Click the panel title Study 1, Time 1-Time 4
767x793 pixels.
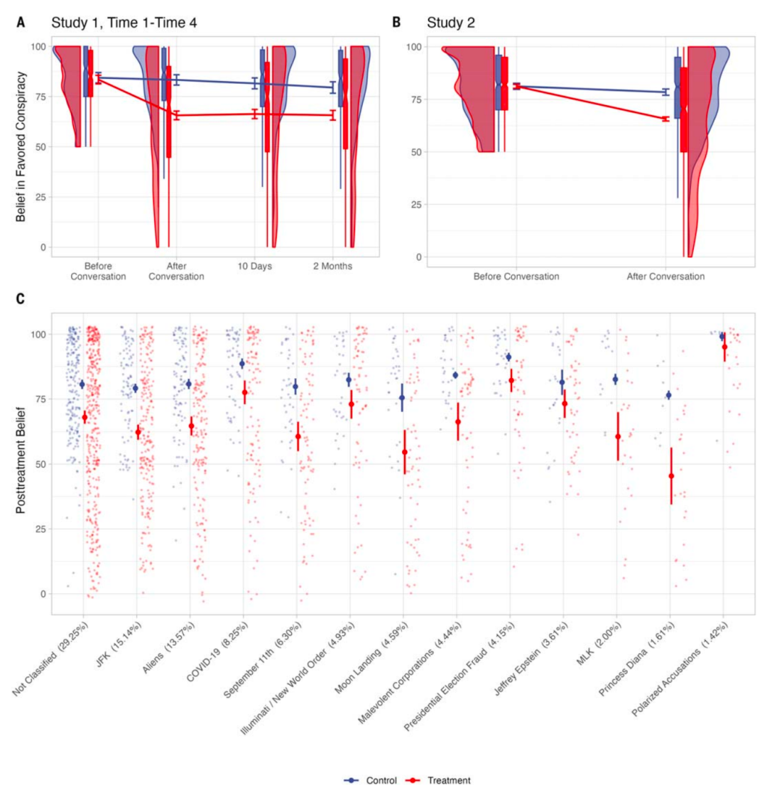click(x=124, y=23)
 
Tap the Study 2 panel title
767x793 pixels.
click(x=450, y=23)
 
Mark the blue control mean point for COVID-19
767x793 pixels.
click(x=242, y=364)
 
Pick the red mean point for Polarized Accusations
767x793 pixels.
click(x=724, y=347)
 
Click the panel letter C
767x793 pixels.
click(x=21, y=299)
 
